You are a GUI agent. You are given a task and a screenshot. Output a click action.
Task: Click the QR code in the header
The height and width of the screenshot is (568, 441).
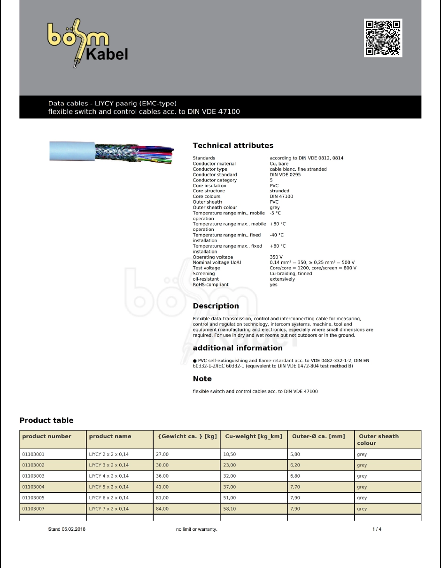(383, 38)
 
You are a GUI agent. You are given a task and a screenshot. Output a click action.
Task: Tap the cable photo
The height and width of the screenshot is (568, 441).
(111, 151)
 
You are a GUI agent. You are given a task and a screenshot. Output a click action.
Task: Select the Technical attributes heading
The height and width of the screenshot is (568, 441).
(233, 146)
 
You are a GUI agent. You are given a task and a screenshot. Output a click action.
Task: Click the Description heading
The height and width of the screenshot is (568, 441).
(216, 306)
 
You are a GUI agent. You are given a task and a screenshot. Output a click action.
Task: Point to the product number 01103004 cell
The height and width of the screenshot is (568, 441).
(33, 487)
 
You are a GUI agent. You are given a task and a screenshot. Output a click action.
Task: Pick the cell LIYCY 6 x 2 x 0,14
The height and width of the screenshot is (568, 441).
(108, 498)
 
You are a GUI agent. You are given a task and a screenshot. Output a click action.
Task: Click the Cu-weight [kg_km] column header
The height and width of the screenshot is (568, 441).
(254, 436)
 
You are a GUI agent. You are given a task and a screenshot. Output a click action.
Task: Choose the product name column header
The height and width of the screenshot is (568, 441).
(110, 436)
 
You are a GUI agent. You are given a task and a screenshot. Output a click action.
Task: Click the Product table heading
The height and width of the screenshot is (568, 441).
(46, 420)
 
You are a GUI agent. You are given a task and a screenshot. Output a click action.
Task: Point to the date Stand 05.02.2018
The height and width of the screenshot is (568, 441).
(67, 529)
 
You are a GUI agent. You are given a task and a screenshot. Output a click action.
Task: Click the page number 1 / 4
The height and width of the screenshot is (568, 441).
(377, 529)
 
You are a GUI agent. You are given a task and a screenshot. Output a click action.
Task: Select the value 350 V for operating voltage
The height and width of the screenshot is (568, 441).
(276, 257)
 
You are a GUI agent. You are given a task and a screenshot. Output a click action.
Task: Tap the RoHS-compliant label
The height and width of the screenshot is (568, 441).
(210, 284)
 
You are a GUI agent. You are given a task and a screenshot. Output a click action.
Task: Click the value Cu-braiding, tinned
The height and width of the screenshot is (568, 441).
(291, 274)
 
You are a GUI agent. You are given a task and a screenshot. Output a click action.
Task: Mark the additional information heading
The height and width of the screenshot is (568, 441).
(238, 348)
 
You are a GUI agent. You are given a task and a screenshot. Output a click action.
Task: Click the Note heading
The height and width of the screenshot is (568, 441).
(202, 379)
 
